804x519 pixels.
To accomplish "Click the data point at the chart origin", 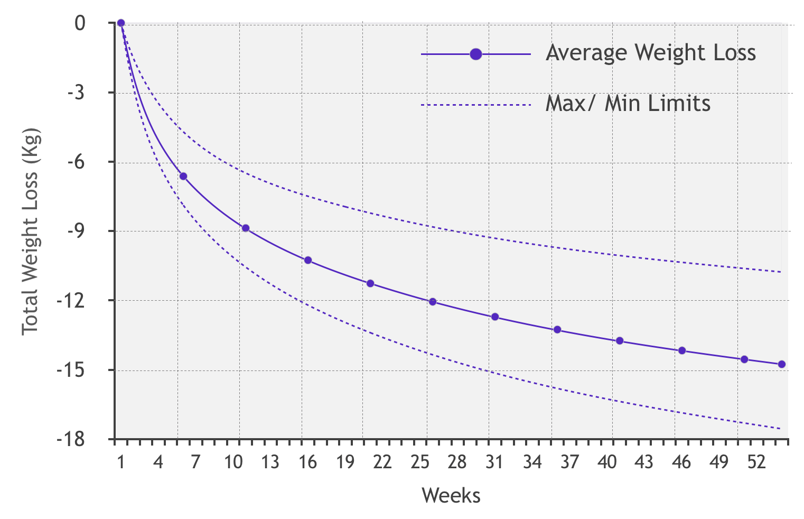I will (x=120, y=23).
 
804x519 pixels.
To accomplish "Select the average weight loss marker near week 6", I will (x=183, y=176).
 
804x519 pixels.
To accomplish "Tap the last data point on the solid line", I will (x=782, y=364).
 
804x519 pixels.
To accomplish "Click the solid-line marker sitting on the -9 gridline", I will (x=245, y=228).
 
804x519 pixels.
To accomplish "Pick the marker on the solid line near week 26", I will (x=433, y=302).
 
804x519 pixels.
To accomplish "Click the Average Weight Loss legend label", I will (x=651, y=53).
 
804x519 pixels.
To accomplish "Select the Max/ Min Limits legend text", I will (x=628, y=104).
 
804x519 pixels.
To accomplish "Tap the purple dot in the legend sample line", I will (x=475, y=54).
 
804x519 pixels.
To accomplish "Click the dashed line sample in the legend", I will (x=475, y=105).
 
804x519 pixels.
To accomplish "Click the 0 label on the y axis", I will (x=80, y=23).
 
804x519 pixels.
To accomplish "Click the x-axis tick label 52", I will (x=756, y=462).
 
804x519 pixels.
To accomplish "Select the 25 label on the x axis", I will (x=420, y=462).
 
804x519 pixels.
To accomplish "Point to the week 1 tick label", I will (x=121, y=462).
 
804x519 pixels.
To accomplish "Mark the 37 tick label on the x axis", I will (x=569, y=462).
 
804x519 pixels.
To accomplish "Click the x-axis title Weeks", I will (x=451, y=496).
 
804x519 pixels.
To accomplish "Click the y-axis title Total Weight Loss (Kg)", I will (x=31, y=231).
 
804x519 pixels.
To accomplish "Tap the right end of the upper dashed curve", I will (x=780, y=272).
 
